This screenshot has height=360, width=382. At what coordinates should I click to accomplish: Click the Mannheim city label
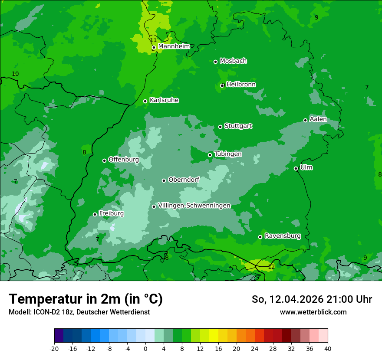(x=174, y=46)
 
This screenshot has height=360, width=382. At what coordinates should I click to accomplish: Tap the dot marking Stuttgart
(x=220, y=127)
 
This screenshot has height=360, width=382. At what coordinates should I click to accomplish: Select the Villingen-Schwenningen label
(x=194, y=206)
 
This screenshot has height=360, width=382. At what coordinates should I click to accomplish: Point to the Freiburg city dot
(x=95, y=214)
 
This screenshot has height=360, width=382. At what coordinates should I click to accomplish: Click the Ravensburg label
(x=283, y=236)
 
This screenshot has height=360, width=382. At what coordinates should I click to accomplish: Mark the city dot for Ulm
(x=296, y=168)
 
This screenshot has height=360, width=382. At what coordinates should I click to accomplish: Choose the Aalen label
(x=318, y=119)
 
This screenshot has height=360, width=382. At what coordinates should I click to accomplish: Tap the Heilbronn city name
(x=241, y=85)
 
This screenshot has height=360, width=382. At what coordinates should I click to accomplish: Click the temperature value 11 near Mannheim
(x=153, y=40)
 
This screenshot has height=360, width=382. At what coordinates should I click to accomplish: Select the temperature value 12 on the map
(x=271, y=267)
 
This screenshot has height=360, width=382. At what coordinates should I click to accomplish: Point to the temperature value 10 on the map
(x=15, y=74)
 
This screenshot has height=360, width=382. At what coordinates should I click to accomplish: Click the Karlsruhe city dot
(x=145, y=101)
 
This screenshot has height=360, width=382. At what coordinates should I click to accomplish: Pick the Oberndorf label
(x=184, y=180)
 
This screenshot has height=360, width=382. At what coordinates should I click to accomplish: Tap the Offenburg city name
(x=124, y=160)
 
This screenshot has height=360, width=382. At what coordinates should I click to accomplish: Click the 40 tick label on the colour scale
(x=328, y=349)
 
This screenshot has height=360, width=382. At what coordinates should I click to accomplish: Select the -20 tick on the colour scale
(x=54, y=349)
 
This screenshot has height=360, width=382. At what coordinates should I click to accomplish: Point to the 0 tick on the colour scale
(x=145, y=349)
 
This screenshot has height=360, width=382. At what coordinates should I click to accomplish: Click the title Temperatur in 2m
(x=86, y=299)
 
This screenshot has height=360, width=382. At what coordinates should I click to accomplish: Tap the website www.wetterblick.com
(x=313, y=312)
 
